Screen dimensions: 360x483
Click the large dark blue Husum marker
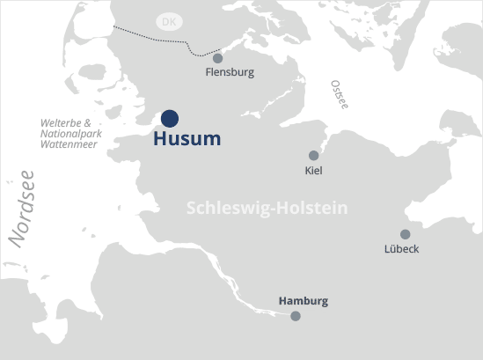pos(170,118)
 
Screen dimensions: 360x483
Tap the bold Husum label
pos(187,139)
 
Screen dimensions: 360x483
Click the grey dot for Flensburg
pos(218,58)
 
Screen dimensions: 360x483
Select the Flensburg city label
pos(229,72)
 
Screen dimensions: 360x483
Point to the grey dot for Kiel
pos(313,156)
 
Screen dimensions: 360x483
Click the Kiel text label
pos(313,170)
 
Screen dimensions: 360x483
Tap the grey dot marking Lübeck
pos(405,234)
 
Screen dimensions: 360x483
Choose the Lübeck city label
pos(402,249)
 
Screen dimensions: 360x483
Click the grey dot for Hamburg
pos(296,315)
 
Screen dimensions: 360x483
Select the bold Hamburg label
pos(303,301)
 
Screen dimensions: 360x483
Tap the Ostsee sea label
pos(339,94)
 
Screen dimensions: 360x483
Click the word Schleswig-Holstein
pos(267,208)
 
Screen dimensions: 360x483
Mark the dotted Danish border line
pos(150,38)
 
